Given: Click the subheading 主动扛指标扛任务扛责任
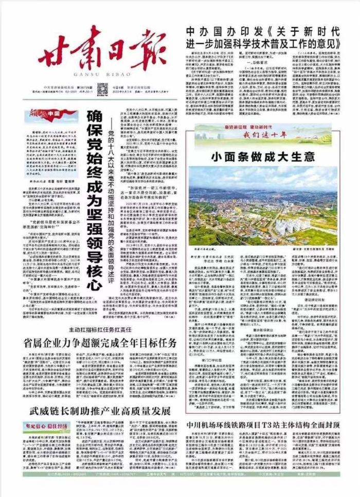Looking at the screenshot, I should (x=98, y=329).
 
